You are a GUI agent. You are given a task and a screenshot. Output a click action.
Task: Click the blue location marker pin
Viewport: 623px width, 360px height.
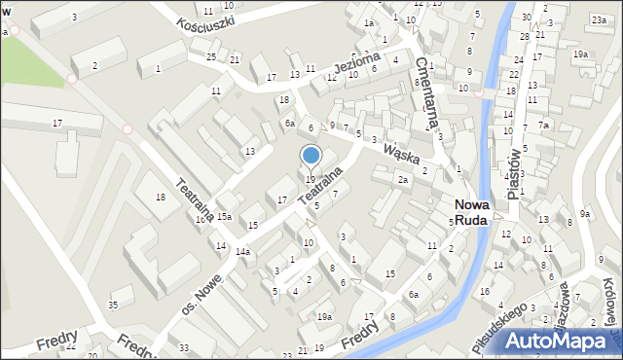(x=311, y=156)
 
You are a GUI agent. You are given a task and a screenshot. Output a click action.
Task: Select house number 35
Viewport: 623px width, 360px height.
(x=113, y=306)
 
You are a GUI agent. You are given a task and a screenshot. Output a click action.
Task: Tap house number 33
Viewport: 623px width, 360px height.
(x=184, y=347)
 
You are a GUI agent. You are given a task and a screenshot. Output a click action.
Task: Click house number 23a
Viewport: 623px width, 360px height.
(x=598, y=19)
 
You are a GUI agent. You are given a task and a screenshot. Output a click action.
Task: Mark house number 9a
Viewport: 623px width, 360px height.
(x=585, y=214)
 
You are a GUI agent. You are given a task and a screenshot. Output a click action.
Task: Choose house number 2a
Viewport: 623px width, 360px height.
(x=402, y=179)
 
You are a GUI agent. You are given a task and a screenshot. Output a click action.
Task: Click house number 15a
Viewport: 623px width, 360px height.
(x=224, y=216)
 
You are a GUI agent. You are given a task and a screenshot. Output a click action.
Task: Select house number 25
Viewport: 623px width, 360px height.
(x=211, y=57)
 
